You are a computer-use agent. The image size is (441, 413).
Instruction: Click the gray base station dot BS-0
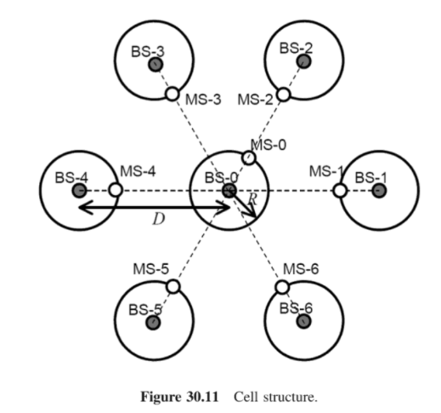(x=229, y=191)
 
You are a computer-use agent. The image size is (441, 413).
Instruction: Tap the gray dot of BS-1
(x=379, y=191)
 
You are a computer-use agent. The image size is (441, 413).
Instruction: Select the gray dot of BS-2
(x=303, y=61)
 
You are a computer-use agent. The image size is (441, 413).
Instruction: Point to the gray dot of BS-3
(x=155, y=64)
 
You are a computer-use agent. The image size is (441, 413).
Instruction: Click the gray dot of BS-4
(x=80, y=191)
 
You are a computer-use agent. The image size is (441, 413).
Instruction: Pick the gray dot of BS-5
(x=154, y=322)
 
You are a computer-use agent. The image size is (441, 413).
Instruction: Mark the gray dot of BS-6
(x=304, y=322)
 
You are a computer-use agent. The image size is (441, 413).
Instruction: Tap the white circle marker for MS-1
(x=340, y=191)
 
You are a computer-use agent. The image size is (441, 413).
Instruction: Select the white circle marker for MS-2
(x=284, y=95)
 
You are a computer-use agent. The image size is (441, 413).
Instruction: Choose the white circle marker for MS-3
(x=172, y=95)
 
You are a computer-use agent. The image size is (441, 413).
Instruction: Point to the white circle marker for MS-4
(x=116, y=191)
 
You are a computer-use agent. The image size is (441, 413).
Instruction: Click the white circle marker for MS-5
(x=173, y=287)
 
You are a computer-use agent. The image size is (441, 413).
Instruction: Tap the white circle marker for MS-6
(x=284, y=287)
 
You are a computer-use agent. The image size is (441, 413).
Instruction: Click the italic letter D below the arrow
(x=158, y=220)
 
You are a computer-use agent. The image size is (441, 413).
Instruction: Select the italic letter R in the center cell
(x=252, y=199)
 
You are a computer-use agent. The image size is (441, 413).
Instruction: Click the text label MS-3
(x=204, y=99)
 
